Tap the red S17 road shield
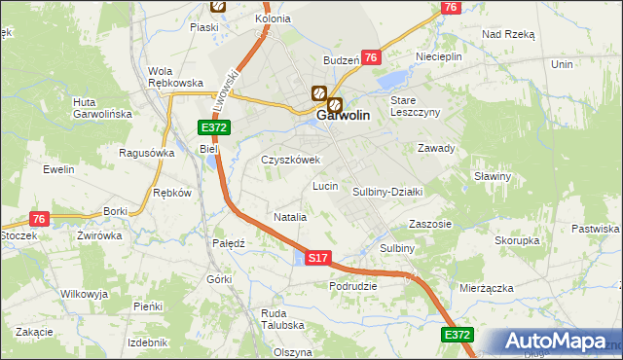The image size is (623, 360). tap(318, 258)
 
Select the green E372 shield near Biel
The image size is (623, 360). tap(214, 128)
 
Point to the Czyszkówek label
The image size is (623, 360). tap(290, 160)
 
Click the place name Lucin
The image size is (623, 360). tap(325, 185)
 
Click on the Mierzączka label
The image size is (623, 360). tap(487, 288)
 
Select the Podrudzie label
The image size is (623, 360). tap(353, 286)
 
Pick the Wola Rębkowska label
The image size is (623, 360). tap(174, 76)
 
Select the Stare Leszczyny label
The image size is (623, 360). tap(416, 106)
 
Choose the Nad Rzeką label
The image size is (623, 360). tap(508, 33)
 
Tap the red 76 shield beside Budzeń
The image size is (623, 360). tap(370, 58)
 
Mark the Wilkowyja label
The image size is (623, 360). tap(83, 293)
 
